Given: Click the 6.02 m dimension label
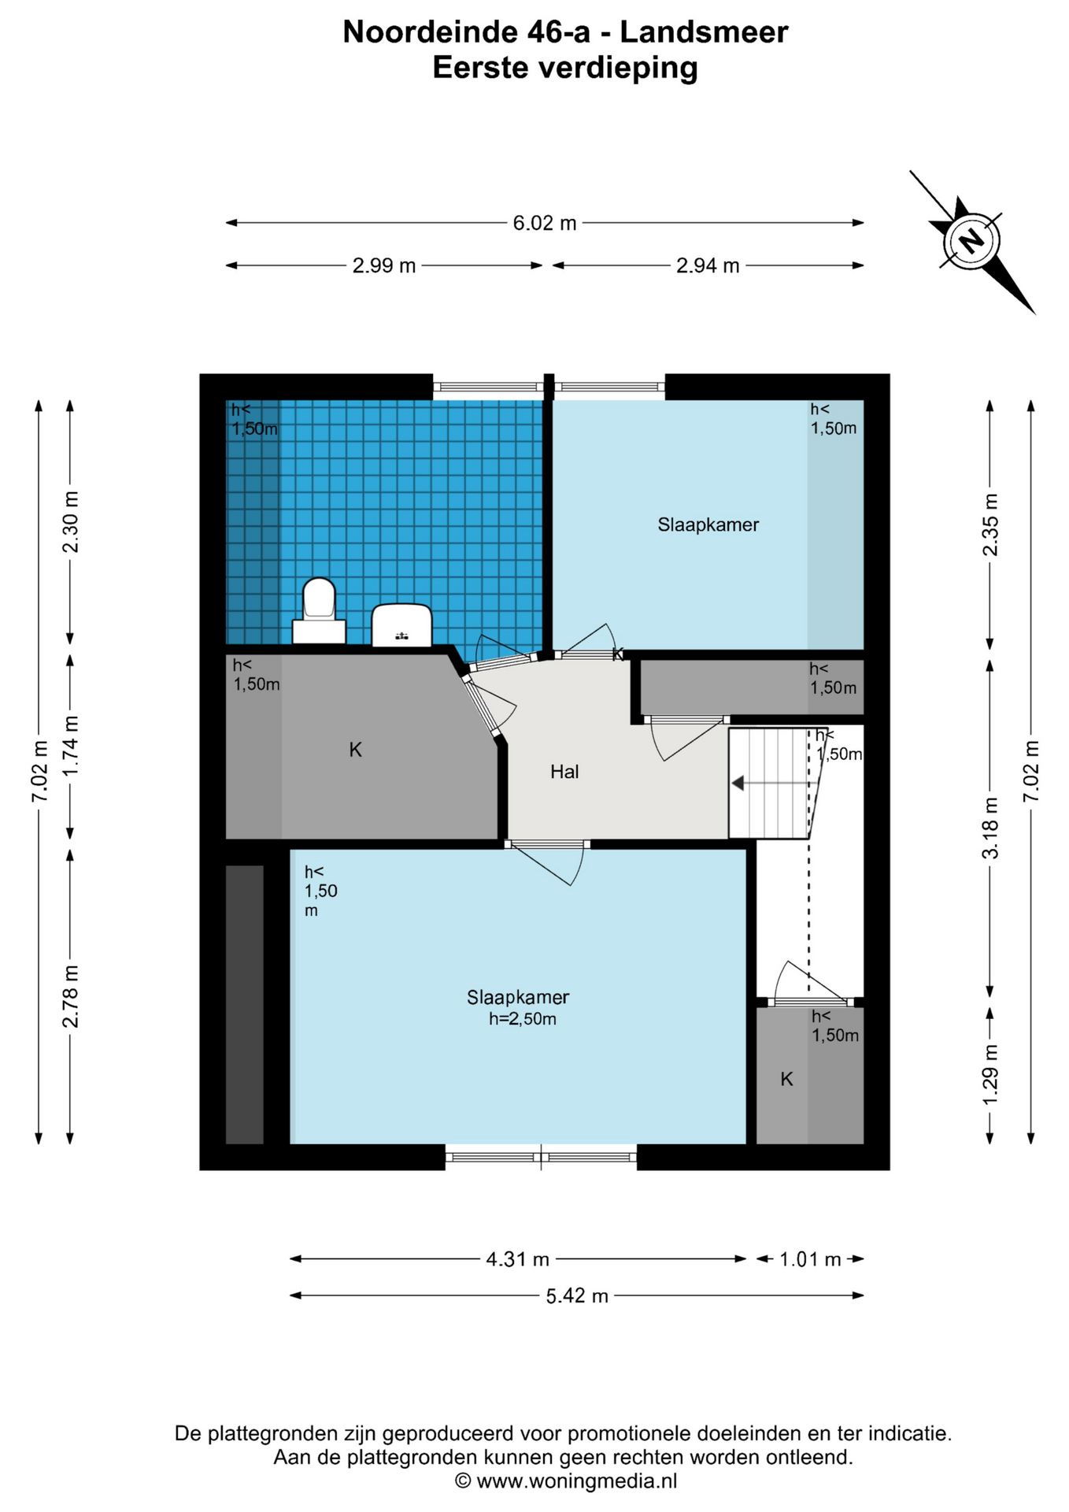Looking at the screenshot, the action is [545, 223].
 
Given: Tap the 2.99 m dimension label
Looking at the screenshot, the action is [384, 265].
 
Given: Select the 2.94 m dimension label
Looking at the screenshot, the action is [708, 265].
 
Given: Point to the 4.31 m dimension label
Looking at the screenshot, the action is [517, 1259].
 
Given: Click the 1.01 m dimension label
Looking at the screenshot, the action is [810, 1259].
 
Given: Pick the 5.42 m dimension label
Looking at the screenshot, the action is [577, 1295].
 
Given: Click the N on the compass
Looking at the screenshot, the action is [972, 239].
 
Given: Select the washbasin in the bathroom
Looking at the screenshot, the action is [401, 625].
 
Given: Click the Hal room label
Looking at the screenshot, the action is [564, 772].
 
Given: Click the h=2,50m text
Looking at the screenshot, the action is [523, 1019].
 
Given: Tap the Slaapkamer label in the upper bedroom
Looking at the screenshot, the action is [708, 524].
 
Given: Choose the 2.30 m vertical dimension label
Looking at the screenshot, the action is [71, 522].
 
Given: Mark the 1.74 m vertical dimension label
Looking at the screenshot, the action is [71, 746].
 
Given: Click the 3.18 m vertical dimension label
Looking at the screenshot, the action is [991, 828].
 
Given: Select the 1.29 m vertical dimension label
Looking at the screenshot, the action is [991, 1074].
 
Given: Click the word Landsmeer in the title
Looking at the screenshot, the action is [704, 32].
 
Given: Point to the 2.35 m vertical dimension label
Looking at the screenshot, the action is [991, 524].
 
